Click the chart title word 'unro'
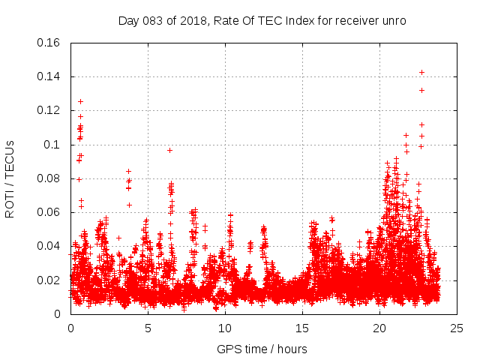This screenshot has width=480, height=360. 395,21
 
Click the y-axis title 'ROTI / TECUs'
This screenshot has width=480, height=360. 10,178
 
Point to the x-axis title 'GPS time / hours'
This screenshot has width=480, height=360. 262,349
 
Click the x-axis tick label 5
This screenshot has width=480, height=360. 148,328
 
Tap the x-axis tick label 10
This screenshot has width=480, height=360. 225,328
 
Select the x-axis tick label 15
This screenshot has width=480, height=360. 302,328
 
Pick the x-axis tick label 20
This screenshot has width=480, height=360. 379,328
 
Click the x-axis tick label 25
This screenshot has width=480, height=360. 457,328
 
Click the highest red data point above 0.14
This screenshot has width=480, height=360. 421,72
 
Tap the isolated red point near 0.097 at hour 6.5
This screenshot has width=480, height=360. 169,150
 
